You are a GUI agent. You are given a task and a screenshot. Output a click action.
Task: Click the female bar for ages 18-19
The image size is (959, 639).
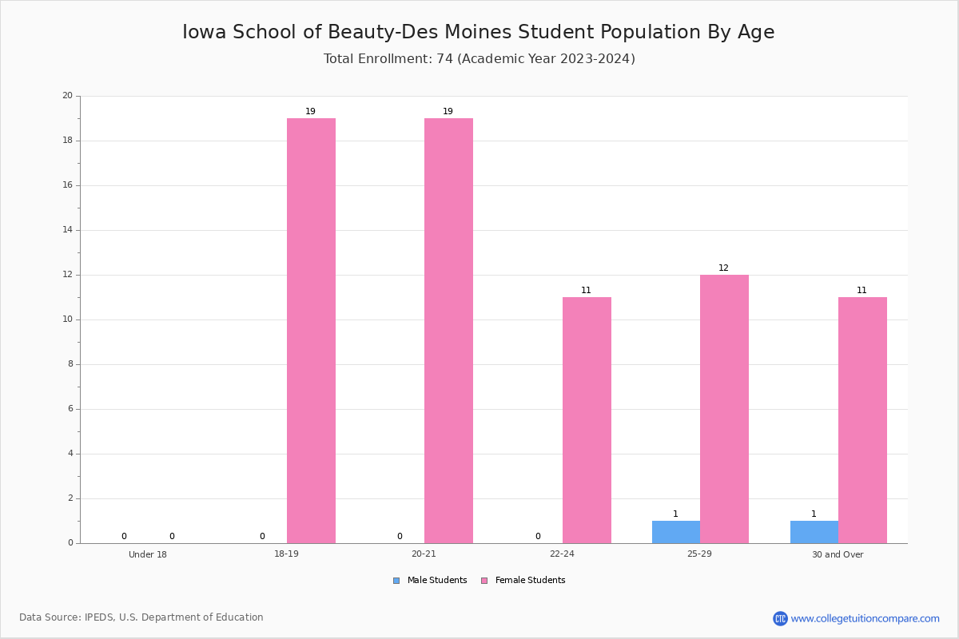click(x=311, y=331)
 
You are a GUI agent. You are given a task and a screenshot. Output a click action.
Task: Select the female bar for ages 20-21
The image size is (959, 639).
click(x=448, y=331)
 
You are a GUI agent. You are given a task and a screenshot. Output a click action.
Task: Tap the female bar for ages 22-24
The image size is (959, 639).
click(x=587, y=420)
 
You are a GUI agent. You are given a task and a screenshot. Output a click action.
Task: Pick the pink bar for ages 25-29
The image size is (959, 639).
click(x=724, y=409)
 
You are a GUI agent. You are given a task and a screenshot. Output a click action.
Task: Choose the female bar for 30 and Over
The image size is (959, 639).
click(x=862, y=420)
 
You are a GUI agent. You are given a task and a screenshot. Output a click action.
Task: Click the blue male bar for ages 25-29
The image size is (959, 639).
click(x=676, y=532)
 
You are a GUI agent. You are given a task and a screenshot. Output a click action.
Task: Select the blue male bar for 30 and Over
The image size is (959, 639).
click(x=814, y=532)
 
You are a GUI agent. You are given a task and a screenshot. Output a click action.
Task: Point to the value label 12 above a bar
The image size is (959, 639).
click(x=723, y=268)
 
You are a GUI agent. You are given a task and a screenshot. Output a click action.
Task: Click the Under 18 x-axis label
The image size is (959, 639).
click(x=148, y=554)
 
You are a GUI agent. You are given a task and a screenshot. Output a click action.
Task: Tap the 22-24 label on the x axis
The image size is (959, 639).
click(x=562, y=554)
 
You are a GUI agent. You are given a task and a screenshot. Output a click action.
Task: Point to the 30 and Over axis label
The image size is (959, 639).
click(x=838, y=554)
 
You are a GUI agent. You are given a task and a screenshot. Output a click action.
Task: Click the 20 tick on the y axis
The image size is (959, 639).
click(x=68, y=95)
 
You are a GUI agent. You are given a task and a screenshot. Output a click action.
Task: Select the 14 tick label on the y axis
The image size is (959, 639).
click(x=68, y=230)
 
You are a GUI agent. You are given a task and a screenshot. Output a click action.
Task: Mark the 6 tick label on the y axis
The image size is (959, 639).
click(x=70, y=409)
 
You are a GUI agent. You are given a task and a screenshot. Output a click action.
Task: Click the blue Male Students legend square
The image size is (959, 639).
click(x=396, y=581)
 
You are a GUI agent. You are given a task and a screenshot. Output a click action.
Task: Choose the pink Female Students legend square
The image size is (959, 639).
click(x=484, y=581)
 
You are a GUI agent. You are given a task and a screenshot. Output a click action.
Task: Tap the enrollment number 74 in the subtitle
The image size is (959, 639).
click(x=444, y=58)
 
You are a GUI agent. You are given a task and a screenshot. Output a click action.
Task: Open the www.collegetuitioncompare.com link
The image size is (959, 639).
click(x=865, y=618)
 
